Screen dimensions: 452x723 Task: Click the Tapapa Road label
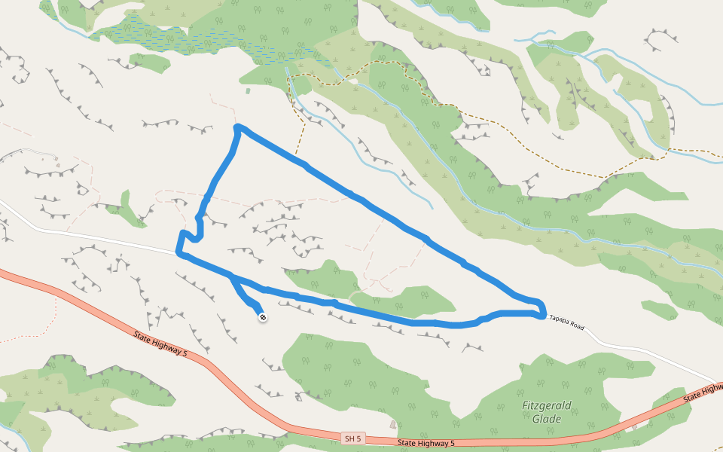click(566, 322)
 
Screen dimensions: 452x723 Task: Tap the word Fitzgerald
click(547, 406)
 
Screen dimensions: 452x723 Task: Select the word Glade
click(547, 419)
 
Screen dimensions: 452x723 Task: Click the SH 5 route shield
click(352, 438)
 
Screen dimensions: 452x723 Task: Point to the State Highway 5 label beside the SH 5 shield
click(427, 443)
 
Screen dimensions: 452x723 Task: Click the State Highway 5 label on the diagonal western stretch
click(160, 343)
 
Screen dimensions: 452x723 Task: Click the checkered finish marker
click(263, 317)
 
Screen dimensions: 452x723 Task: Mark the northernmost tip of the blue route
click(238, 127)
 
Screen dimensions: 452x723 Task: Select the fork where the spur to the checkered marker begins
click(231, 276)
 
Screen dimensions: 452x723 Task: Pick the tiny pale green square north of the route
click(248, 91)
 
